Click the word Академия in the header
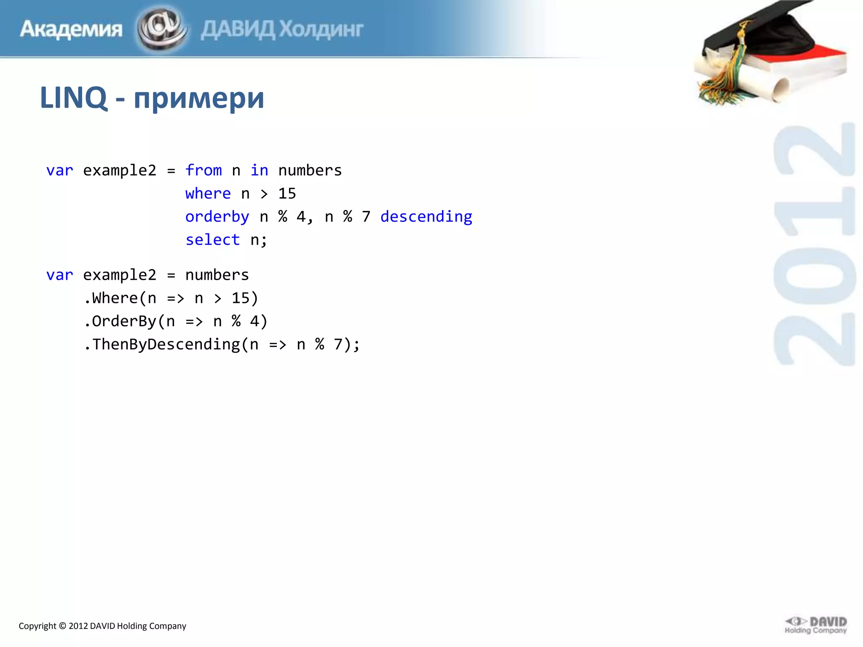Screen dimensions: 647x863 pyautogui.click(x=71, y=29)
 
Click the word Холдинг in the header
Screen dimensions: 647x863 pyautogui.click(x=321, y=29)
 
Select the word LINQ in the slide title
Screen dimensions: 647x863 pyautogui.click(x=73, y=98)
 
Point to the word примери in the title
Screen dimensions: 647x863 pyautogui.click(x=199, y=98)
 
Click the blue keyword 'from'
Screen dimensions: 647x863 pyautogui.click(x=204, y=171)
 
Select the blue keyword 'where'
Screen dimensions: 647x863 pyautogui.click(x=208, y=194)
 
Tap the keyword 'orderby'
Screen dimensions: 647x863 pyautogui.click(x=217, y=217)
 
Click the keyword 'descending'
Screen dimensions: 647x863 pyautogui.click(x=426, y=217)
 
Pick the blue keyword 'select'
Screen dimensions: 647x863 pyautogui.click(x=212, y=240)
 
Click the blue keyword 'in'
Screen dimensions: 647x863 pyautogui.click(x=259, y=171)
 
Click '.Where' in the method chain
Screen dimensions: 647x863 pyautogui.click(x=110, y=298)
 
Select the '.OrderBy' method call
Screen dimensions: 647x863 pyautogui.click(x=120, y=321)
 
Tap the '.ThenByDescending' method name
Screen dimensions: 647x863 pyautogui.click(x=162, y=345)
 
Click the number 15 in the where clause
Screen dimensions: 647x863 pyautogui.click(x=287, y=194)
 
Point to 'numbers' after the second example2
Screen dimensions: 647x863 pyautogui.click(x=217, y=275)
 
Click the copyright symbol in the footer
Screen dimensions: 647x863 pyautogui.click(x=62, y=626)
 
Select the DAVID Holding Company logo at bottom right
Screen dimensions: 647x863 pyautogui.click(x=816, y=625)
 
